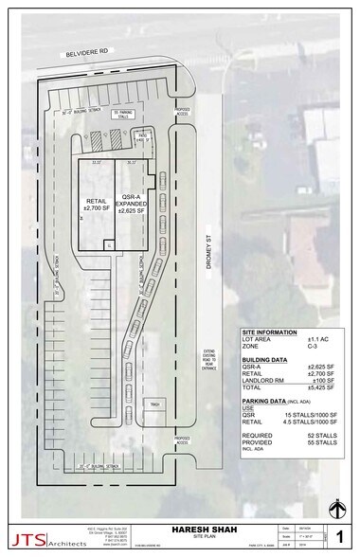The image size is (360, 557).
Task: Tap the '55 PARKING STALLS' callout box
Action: click(126, 115)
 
